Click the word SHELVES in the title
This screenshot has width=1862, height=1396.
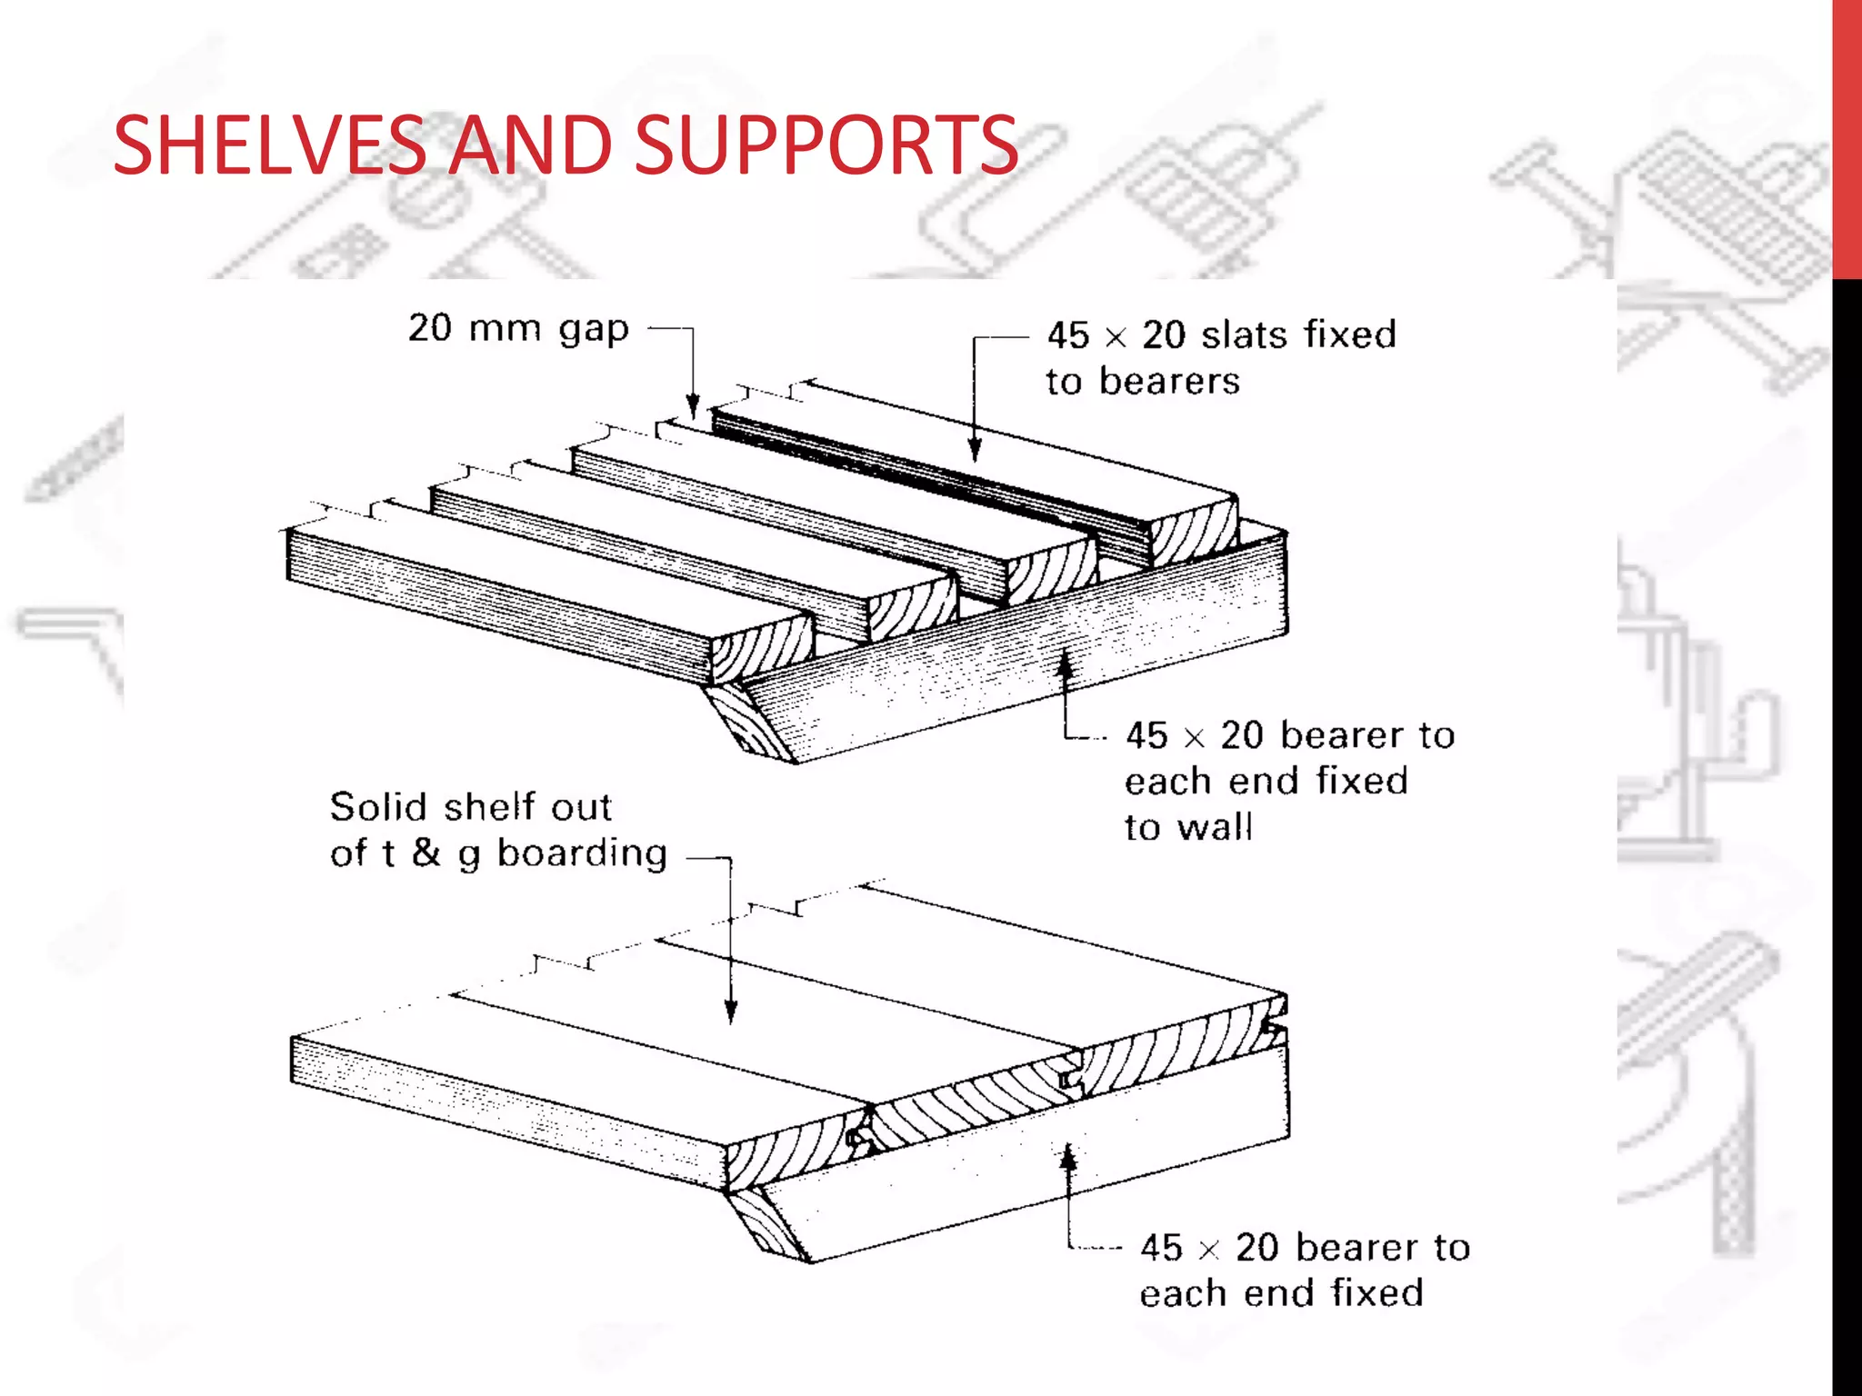[x=270, y=145]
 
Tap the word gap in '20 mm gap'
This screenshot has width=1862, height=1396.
[x=593, y=329]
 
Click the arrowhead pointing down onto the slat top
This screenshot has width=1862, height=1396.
[x=975, y=449]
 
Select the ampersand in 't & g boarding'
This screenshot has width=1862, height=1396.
[x=425, y=853]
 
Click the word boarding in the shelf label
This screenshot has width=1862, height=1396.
[x=582, y=853]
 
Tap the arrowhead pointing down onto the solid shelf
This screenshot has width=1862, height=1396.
[x=730, y=1011]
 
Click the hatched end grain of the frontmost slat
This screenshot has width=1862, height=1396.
[x=762, y=647]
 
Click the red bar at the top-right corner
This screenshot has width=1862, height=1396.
[x=1847, y=136]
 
